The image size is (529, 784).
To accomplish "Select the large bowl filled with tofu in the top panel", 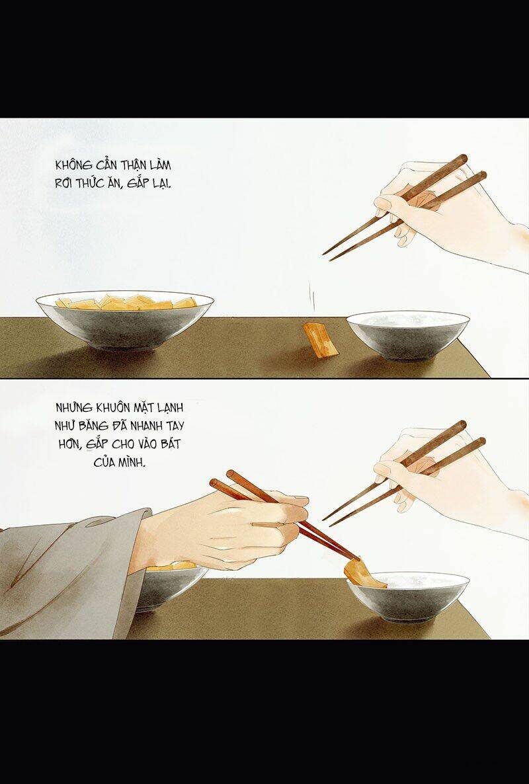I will pos(124,321).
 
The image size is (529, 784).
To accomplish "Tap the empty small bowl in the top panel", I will pos(408,334).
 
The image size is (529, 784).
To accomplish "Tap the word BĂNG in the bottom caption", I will pos(97,428).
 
